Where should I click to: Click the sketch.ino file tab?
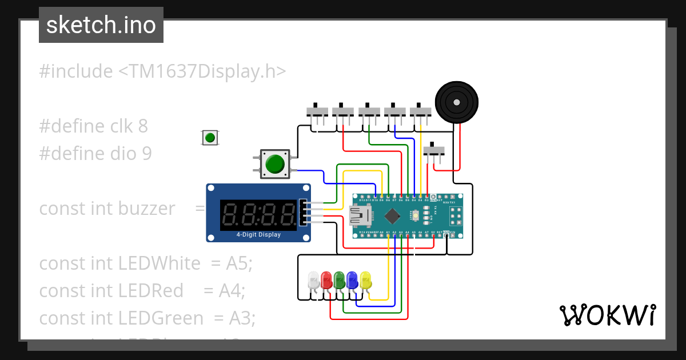pos(101,25)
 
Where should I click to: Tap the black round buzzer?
pos(456,102)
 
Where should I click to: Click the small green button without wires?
pos(210,138)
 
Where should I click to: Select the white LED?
pos(313,280)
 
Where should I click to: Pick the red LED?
pos(326,280)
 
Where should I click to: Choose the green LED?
pos(340,280)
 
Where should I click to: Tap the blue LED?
pos(352,280)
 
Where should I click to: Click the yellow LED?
pos(365,280)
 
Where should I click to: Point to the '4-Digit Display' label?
pos(258,234)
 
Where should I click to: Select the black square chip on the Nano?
pos(392,215)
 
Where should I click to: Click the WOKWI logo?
pos(607,315)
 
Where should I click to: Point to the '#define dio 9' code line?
pos(95,153)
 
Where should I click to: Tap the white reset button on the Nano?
pos(417,215)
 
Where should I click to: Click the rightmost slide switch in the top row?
pos(421,110)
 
